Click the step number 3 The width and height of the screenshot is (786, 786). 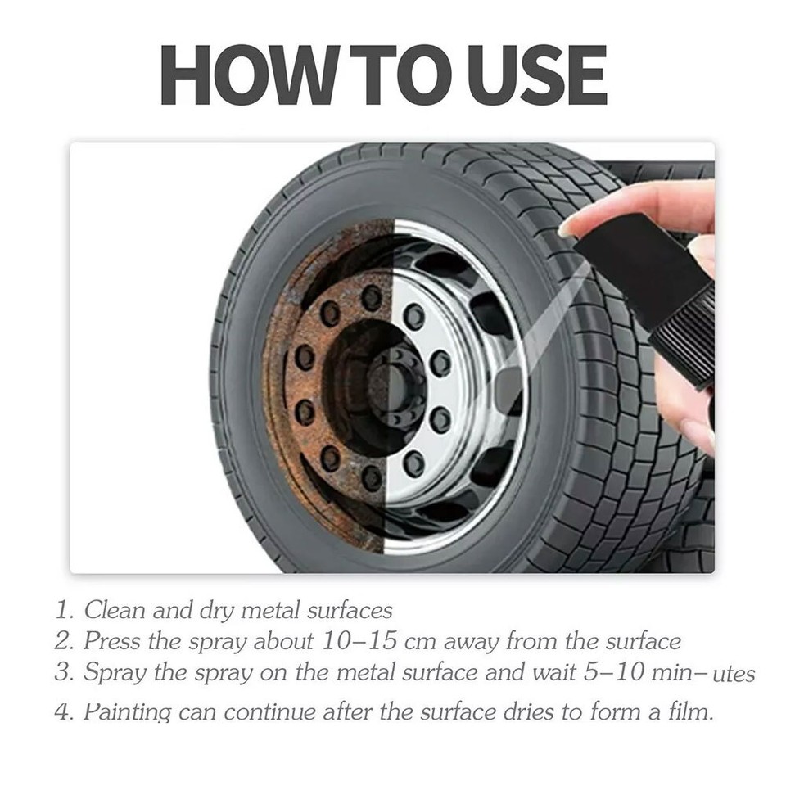(63, 673)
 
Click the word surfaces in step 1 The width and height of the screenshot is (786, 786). (350, 610)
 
